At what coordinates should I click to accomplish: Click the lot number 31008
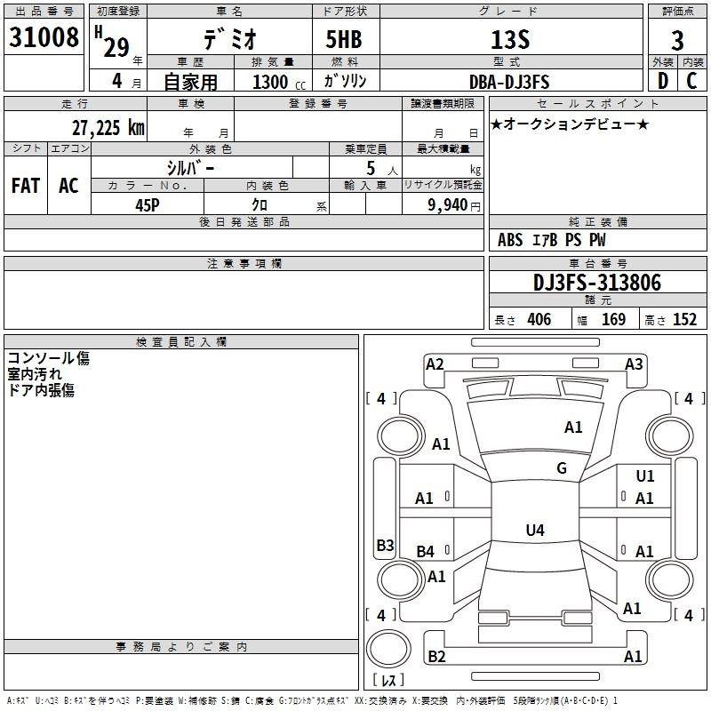pyautogui.click(x=44, y=37)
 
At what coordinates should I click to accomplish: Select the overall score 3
pyautogui.click(x=677, y=40)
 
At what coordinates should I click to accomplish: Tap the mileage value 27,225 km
pyautogui.click(x=108, y=128)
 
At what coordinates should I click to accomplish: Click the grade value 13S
pyautogui.click(x=510, y=39)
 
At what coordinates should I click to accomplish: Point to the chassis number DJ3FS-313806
pyautogui.click(x=597, y=283)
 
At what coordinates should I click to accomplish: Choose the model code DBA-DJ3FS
pyautogui.click(x=508, y=82)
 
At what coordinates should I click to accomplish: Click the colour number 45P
pyautogui.click(x=148, y=205)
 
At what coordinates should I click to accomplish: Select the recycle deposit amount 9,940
pyautogui.click(x=448, y=205)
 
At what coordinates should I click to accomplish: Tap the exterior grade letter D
pyautogui.click(x=662, y=81)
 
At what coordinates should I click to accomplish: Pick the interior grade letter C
pyautogui.click(x=691, y=81)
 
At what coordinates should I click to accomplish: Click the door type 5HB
pyautogui.click(x=344, y=39)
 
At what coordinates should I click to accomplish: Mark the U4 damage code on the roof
pyautogui.click(x=535, y=530)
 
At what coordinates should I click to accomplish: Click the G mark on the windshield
pyautogui.click(x=562, y=468)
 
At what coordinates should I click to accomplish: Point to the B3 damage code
pyautogui.click(x=386, y=545)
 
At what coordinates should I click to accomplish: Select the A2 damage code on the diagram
pyautogui.click(x=435, y=364)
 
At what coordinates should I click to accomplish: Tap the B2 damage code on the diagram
pyautogui.click(x=436, y=656)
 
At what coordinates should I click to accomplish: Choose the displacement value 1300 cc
pyautogui.click(x=279, y=82)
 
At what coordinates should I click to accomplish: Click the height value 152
pyautogui.click(x=684, y=319)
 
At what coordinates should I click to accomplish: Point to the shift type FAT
pyautogui.click(x=26, y=186)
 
